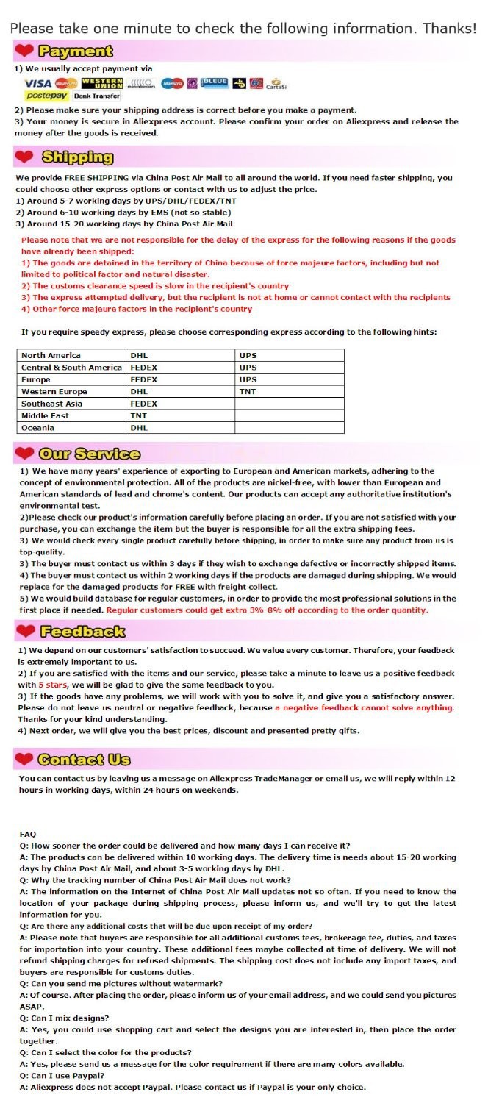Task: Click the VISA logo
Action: (x=38, y=83)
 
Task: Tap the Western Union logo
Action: (x=102, y=83)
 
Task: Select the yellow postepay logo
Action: (x=46, y=96)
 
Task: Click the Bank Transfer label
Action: (x=96, y=96)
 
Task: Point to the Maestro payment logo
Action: (x=172, y=83)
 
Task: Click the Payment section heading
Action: (x=76, y=51)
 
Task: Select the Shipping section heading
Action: (x=77, y=157)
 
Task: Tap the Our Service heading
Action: (x=89, y=453)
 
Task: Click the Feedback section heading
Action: (x=82, y=631)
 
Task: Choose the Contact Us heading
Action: (x=84, y=759)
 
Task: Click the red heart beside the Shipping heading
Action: (x=24, y=157)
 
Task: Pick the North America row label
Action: (x=51, y=355)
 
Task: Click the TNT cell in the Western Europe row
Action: (x=248, y=392)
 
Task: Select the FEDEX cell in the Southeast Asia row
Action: (x=144, y=404)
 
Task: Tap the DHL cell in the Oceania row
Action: (x=139, y=428)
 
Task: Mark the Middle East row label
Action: (x=45, y=415)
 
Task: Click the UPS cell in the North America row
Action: (x=248, y=355)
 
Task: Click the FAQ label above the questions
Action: (x=28, y=834)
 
